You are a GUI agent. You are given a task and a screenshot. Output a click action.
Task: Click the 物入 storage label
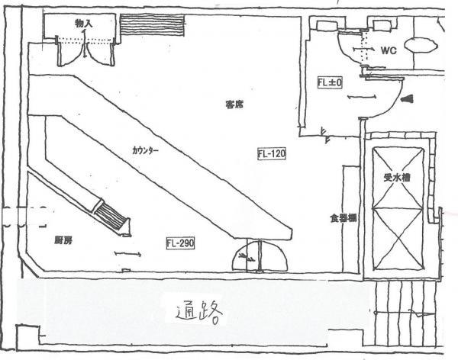click(84, 24)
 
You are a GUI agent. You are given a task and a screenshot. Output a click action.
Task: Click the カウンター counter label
click(145, 150)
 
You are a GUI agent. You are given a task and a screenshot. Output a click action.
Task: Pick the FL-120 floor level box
click(272, 154)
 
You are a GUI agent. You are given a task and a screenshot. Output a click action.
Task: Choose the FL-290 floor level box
click(181, 243)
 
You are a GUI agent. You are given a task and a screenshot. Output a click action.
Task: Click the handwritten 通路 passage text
click(198, 313)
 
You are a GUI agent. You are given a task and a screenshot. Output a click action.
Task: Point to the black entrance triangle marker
click(407, 98)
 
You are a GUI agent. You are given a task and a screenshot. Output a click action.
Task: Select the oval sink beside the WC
click(420, 45)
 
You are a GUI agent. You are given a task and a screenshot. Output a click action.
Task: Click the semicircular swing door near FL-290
click(260, 256)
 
